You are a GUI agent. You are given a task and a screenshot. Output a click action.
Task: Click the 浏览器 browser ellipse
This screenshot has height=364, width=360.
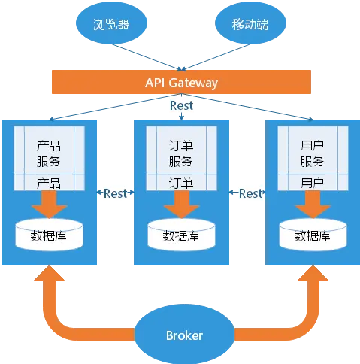coord(111,23)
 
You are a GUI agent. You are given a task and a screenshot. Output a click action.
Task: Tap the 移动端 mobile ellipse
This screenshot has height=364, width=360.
coord(250,23)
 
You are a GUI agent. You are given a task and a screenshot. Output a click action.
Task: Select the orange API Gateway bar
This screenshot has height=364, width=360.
coord(181,82)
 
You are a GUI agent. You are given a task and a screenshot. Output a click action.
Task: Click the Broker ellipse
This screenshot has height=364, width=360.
coord(185,335)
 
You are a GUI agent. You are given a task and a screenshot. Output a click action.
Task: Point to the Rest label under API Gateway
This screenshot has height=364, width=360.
coord(181,105)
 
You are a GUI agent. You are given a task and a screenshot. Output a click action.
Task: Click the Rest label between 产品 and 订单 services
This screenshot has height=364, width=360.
coord(115,193)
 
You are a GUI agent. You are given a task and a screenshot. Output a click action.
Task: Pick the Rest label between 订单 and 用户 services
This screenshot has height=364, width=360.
coord(250,193)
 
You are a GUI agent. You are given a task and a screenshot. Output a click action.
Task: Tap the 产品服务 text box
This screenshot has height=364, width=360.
coord(49,158)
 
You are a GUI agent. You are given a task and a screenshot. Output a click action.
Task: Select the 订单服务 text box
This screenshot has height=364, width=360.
coord(181,158)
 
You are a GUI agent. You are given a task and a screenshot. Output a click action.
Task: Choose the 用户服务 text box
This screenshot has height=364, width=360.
coord(313,158)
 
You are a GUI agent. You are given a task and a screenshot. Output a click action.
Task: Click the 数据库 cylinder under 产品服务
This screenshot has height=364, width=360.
coord(49,235)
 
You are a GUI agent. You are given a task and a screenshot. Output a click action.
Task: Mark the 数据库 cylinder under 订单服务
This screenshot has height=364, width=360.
coord(181,235)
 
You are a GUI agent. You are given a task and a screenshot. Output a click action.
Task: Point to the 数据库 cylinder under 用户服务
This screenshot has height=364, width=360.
coord(313,235)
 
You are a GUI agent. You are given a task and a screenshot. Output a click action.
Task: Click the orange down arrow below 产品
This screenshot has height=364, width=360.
coord(49,205)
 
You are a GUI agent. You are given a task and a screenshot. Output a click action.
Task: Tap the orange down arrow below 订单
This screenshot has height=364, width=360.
coord(181,205)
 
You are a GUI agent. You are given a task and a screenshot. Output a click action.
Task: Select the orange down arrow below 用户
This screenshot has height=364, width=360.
coord(313,205)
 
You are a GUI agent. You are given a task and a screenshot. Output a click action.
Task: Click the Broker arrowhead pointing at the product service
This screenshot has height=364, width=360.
coord(50,273)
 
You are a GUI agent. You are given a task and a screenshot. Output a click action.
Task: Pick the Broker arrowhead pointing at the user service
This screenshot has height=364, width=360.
coord(313,273)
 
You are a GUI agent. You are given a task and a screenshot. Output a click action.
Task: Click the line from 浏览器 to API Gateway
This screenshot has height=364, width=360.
coord(147,57)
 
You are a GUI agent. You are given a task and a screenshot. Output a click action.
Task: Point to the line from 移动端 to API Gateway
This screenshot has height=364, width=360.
coord(216,57)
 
